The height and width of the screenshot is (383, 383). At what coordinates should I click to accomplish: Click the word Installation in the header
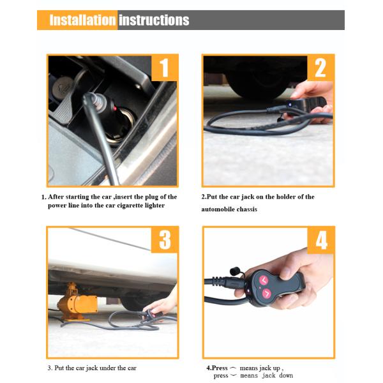(x=82, y=20)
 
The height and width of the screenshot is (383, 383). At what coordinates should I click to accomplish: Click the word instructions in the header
(x=154, y=20)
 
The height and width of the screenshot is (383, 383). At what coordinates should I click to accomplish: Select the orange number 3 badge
(x=165, y=240)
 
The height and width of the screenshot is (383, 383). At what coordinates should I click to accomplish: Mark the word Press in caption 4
(x=220, y=368)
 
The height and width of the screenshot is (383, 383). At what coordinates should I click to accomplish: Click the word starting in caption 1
(x=89, y=197)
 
